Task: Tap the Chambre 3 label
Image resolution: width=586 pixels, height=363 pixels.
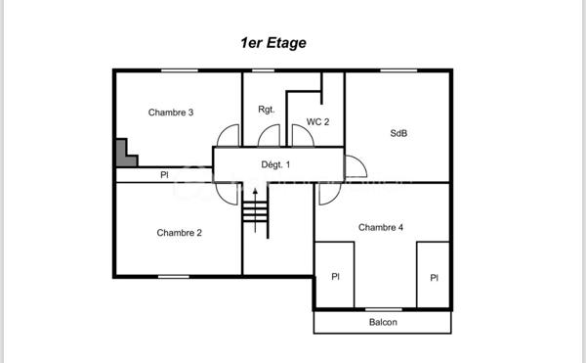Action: [x=171, y=113]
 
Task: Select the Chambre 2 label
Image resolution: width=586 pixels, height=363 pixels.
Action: [x=179, y=233]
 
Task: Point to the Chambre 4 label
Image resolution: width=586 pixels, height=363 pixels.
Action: [x=381, y=227]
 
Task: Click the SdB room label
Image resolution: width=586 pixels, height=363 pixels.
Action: [x=398, y=133]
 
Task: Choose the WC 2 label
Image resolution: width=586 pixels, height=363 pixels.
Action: [x=318, y=121]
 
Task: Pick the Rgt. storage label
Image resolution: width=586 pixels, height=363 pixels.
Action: [x=267, y=110]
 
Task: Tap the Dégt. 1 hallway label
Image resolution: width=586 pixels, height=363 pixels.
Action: [x=276, y=164]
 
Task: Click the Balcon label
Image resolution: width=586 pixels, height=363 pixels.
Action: [x=383, y=323]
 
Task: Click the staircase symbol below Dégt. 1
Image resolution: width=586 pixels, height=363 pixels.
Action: [x=255, y=209]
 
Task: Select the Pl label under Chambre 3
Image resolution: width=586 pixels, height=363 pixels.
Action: [x=164, y=175]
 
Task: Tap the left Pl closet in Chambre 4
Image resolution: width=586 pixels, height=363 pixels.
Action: [x=335, y=276]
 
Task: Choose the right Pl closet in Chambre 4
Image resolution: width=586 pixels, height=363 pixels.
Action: [x=434, y=277]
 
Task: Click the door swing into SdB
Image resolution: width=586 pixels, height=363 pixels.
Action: [x=355, y=166]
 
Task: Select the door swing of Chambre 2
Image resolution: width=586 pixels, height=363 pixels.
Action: [x=230, y=193]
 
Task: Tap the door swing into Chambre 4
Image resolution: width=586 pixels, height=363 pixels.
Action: [x=326, y=192]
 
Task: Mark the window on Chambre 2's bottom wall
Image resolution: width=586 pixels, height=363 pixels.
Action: [x=174, y=276]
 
